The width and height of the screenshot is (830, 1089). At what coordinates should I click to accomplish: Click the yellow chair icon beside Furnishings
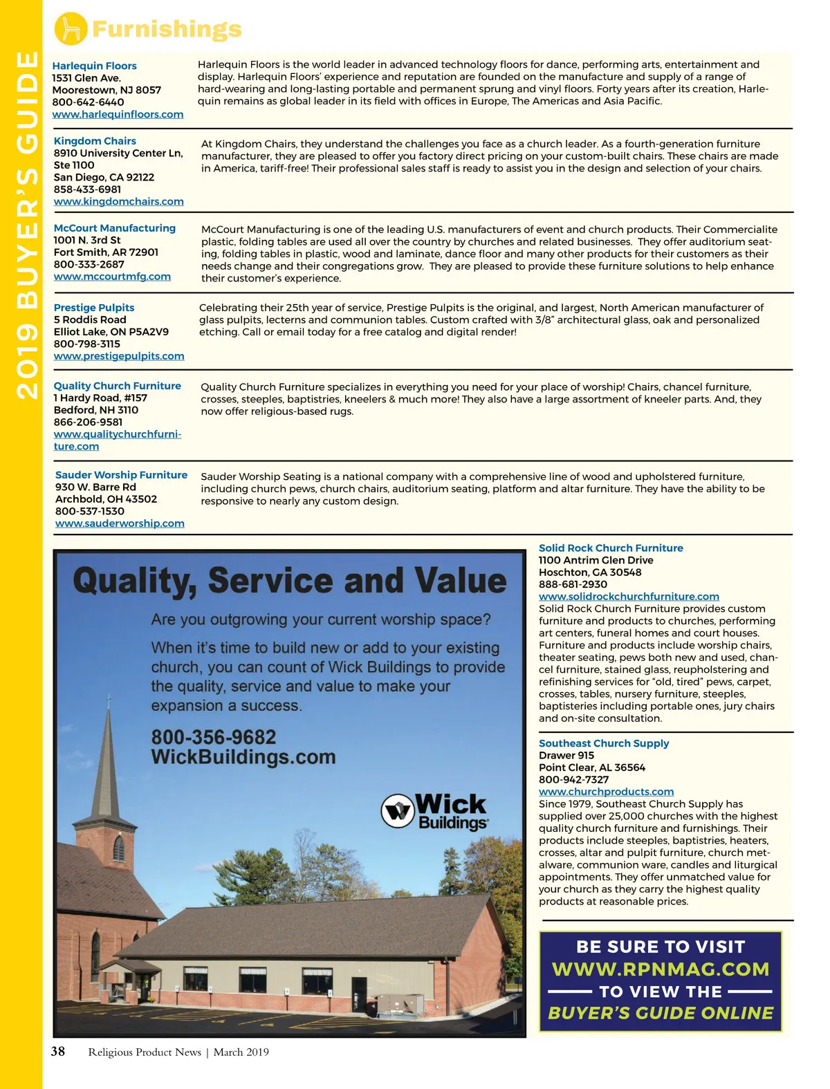pos(71,29)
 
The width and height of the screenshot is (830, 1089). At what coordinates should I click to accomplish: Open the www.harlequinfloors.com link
pos(118,114)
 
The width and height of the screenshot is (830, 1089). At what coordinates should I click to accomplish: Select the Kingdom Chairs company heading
pos(95,141)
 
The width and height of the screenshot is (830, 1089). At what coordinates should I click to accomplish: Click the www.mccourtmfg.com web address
pos(112,277)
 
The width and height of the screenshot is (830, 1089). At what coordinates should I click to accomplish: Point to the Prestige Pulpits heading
pos(94,308)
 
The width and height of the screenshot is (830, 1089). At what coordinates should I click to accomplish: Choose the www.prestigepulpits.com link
pos(119,356)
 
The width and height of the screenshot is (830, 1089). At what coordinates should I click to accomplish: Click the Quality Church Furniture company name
pos(118,386)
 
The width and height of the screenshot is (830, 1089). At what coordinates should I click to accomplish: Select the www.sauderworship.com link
pos(120,523)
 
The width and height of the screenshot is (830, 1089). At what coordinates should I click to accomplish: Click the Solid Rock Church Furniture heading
pos(611,548)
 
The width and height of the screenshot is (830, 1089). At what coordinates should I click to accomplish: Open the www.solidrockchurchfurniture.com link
pos(629,597)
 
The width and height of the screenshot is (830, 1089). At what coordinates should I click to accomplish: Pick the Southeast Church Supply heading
pos(604,743)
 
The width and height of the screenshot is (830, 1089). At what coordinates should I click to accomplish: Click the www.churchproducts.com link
pos(606,792)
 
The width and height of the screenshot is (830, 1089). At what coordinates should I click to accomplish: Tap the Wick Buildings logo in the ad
pos(436,811)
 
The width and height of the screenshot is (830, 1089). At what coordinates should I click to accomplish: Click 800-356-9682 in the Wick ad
pos(214,737)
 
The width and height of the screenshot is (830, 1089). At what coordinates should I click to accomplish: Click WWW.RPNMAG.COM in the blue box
pos(661,969)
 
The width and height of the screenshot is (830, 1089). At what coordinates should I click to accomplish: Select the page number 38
pos(58,1052)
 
